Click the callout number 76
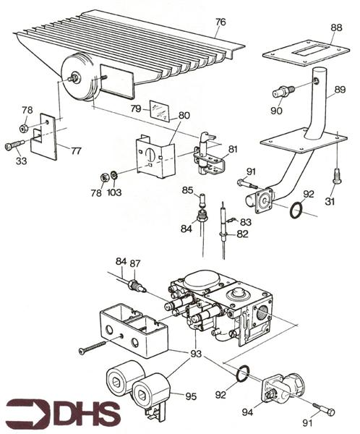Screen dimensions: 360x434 click(220, 22)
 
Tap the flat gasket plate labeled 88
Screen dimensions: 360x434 click(306, 52)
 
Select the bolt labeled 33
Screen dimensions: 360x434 click(15, 145)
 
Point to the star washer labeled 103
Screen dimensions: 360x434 click(113, 174)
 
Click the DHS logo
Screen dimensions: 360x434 click(64, 413)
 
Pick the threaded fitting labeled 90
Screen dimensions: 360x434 click(283, 92)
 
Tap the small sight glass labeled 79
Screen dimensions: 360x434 click(159, 110)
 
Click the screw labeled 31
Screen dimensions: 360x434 click(337, 175)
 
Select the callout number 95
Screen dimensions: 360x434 click(191, 396)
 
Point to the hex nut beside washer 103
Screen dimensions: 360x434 click(105, 177)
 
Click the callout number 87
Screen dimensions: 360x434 click(134, 263)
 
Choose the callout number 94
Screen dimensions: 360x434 click(247, 412)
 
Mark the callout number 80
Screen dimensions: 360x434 click(184, 116)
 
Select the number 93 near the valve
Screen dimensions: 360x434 click(196, 354)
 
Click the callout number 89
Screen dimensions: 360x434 click(340, 90)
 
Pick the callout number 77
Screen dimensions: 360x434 click(77, 150)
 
